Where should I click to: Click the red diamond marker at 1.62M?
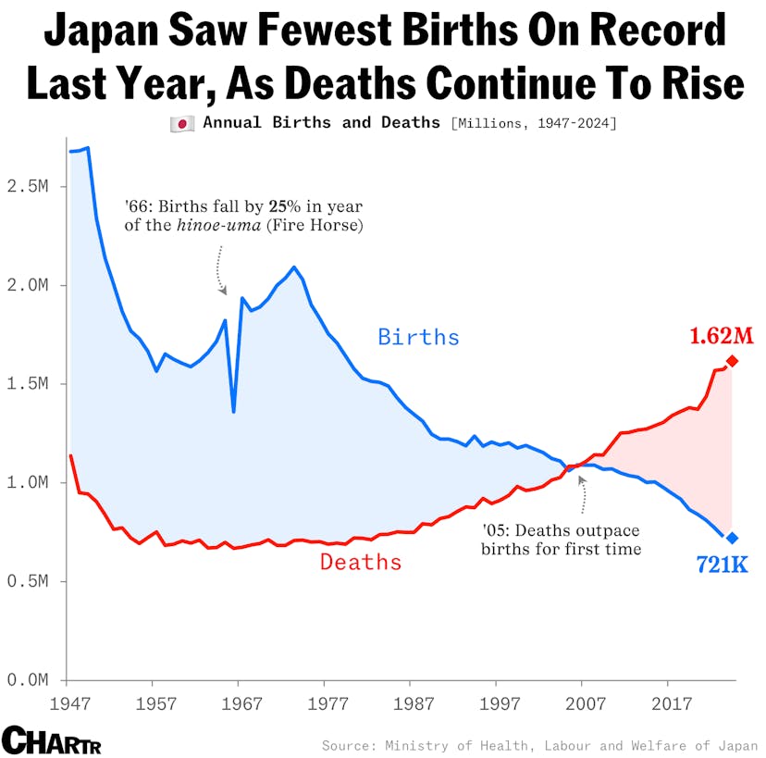coord(732,361)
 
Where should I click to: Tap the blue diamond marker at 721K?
coord(732,538)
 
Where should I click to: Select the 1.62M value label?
coord(721,335)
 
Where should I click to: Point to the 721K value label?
coord(721,564)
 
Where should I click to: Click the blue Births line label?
coord(418,337)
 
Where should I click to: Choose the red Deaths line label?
coord(361,562)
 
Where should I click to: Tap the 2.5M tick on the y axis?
coord(31,186)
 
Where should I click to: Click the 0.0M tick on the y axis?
coord(31,680)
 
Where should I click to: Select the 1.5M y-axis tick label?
coord(31,384)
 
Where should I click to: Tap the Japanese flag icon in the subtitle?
coord(182,123)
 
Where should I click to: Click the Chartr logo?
coord(52,740)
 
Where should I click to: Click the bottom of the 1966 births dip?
coord(233,412)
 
